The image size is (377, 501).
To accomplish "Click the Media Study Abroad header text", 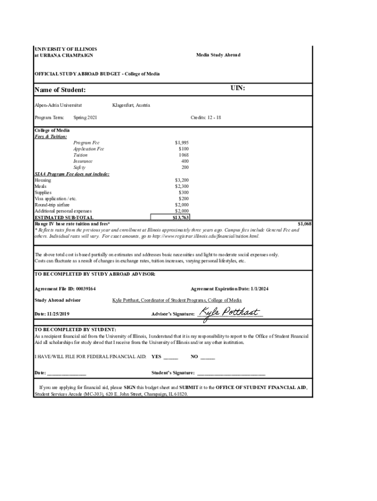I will pos(218,55).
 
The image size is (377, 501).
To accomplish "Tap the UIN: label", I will pos(238,89).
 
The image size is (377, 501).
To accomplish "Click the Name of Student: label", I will pos(60,90).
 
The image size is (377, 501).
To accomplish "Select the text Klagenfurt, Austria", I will pos(131,105).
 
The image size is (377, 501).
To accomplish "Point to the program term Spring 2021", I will pos(85,118).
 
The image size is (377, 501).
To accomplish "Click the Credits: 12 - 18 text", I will pos(206,118).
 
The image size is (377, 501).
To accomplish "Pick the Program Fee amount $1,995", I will pos(182,143).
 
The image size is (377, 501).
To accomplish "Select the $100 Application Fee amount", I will pos(184,149).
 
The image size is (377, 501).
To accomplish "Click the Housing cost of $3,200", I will pos(182,180).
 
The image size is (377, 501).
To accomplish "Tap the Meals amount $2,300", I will pos(182,186).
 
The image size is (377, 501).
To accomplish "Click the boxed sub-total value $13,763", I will pos(181,217).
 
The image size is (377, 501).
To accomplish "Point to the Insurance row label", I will pos(83,161).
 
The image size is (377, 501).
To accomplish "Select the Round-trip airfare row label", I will pos(52,205).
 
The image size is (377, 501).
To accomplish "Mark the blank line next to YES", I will pos(171,357).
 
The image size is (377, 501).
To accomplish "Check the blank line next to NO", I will pos(208,357).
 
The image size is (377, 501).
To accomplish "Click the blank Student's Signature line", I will pos(231,373).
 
